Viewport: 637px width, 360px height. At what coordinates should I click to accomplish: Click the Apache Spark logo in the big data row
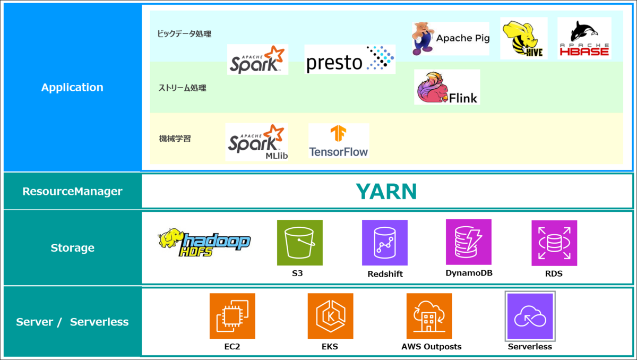[257, 59]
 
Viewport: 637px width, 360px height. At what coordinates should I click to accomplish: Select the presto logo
[350, 59]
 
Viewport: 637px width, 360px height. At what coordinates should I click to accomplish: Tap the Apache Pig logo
[450, 38]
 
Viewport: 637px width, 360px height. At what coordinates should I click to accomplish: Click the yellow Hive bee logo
[523, 38]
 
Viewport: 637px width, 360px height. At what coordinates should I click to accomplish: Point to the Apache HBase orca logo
[584, 38]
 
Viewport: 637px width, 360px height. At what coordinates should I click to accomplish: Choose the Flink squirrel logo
[447, 87]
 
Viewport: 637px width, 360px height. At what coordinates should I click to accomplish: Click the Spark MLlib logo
[257, 142]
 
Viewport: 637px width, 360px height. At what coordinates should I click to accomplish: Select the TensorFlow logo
[338, 141]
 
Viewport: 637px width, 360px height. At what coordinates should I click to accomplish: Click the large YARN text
[386, 192]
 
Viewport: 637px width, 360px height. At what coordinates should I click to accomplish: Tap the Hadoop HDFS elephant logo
[204, 243]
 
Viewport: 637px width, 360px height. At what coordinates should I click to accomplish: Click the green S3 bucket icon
[299, 243]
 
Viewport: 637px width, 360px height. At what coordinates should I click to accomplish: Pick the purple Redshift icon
[385, 243]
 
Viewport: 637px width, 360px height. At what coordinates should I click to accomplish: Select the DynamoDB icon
[468, 242]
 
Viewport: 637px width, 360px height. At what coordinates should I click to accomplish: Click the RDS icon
[554, 243]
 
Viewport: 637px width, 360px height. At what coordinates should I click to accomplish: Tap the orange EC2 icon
[233, 316]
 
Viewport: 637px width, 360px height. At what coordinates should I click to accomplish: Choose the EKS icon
[330, 316]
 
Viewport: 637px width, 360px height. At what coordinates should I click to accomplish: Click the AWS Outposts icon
[429, 316]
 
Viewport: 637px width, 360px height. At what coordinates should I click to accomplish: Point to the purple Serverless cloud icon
[530, 316]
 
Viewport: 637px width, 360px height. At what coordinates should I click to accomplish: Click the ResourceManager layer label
[72, 191]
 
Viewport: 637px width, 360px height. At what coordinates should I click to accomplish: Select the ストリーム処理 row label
[182, 88]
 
